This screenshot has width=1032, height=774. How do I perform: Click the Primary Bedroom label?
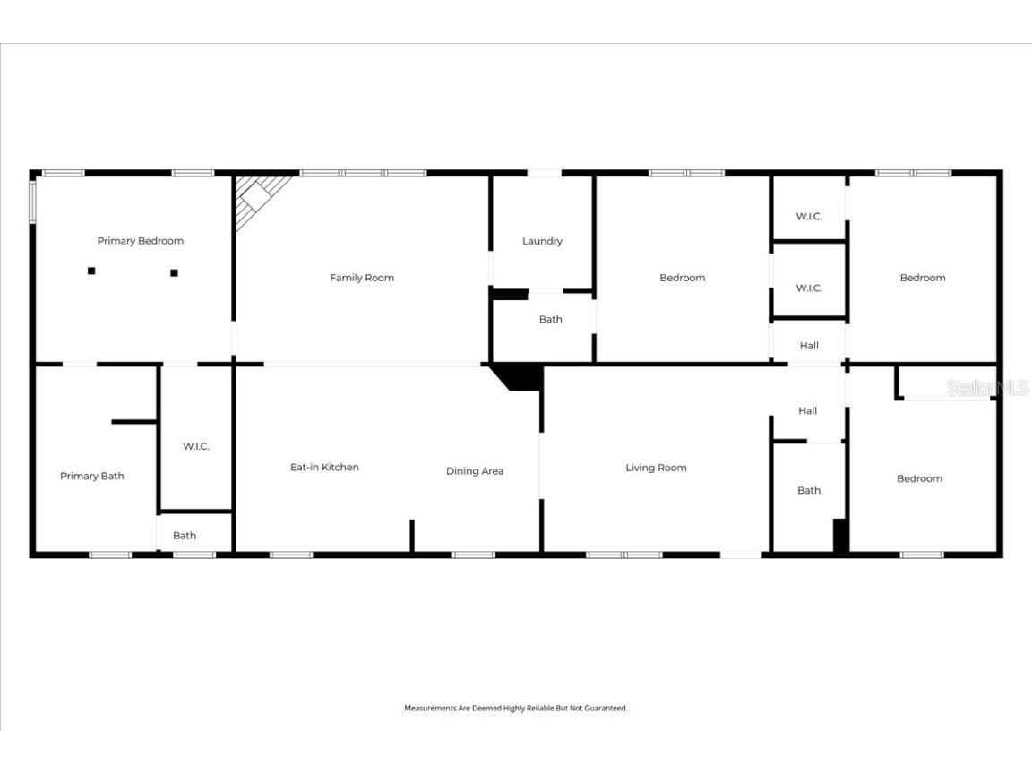(x=140, y=241)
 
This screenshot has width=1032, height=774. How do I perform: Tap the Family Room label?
(x=362, y=278)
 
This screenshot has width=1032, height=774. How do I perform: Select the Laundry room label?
(x=542, y=241)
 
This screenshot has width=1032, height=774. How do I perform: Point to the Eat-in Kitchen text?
(x=324, y=467)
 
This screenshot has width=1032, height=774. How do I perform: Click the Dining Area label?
(x=475, y=471)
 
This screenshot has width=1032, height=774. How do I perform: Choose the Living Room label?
(x=656, y=468)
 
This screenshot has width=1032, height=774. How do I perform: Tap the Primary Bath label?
(x=91, y=476)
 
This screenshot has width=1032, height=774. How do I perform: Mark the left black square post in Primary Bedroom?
(x=91, y=271)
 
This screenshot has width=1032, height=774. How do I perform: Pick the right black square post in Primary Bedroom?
(x=175, y=272)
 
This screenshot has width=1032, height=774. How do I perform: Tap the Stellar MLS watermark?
(x=987, y=388)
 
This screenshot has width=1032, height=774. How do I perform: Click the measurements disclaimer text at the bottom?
(x=516, y=708)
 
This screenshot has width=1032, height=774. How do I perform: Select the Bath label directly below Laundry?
(x=550, y=320)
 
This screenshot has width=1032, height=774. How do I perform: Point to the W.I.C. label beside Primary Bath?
(x=195, y=446)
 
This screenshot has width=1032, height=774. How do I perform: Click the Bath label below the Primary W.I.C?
(x=185, y=536)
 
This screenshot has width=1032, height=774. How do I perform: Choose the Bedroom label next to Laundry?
(x=682, y=278)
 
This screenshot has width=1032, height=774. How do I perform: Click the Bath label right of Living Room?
(x=809, y=490)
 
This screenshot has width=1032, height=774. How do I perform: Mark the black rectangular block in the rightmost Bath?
(x=840, y=536)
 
